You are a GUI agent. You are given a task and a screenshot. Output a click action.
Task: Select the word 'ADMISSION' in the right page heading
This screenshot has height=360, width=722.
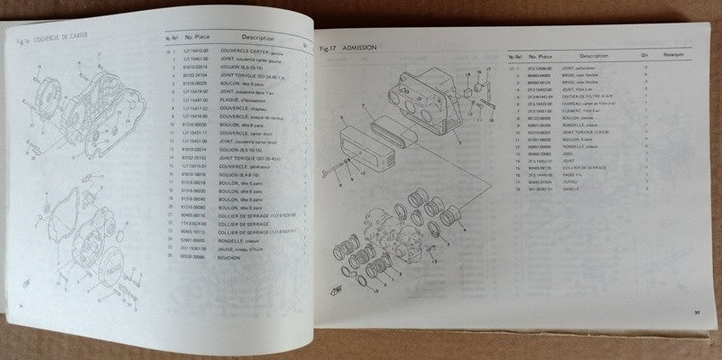pyautogui.click(x=376, y=46)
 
